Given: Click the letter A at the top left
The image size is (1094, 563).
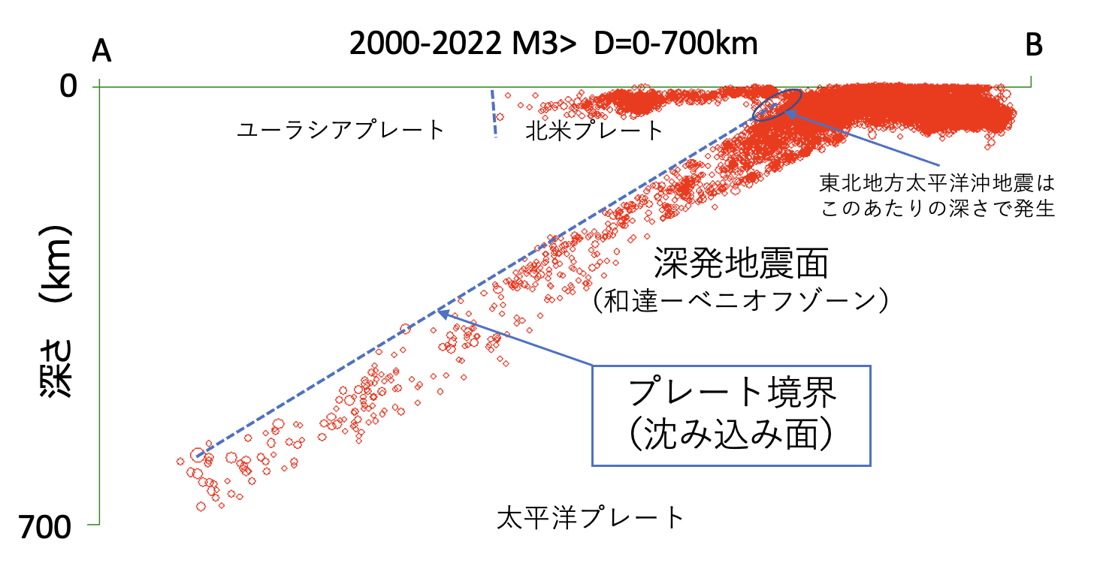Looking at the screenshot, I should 101,51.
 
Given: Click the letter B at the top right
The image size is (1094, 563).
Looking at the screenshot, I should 1034,47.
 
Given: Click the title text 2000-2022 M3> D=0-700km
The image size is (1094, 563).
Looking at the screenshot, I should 553,44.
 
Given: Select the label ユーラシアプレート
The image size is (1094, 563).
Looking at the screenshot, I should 341,131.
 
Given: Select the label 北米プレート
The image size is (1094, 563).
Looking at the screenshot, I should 594,131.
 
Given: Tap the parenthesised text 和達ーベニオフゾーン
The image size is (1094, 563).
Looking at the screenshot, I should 741,301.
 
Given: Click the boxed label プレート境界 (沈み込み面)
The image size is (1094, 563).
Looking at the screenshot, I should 732,415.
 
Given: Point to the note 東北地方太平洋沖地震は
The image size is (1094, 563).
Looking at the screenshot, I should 938,182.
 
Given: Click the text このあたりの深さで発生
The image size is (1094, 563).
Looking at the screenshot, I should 938,209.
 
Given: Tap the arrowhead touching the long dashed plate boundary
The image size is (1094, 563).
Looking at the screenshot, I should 442,312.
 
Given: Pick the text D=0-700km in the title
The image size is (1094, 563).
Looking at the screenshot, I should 675,44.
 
